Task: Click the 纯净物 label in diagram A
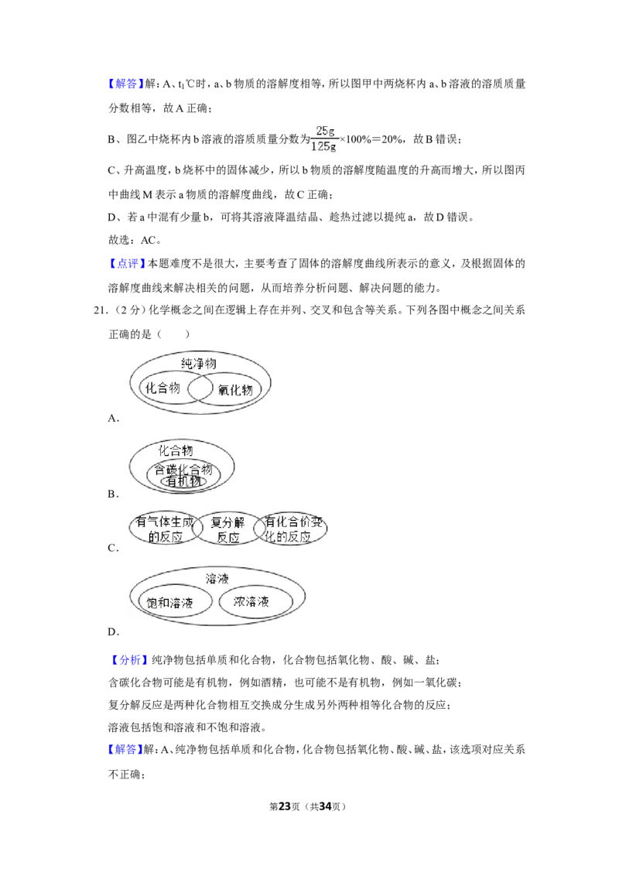pyautogui.click(x=198, y=364)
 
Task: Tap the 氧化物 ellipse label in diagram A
pyautogui.click(x=235, y=390)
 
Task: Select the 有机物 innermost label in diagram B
pyautogui.click(x=184, y=481)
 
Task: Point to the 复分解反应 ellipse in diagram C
pyautogui.click(x=227, y=529)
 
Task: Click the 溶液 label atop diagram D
pyautogui.click(x=217, y=579)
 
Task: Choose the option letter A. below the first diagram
pyautogui.click(x=114, y=418)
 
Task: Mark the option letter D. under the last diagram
pyautogui.click(x=114, y=632)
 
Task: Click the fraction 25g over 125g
pyautogui.click(x=324, y=139)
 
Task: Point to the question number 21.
pyautogui.click(x=100, y=310)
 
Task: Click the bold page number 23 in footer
pyautogui.click(x=285, y=806)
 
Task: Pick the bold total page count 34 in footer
pyautogui.click(x=325, y=806)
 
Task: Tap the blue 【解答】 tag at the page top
pyautogui.click(x=125, y=84)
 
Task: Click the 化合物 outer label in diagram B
pyautogui.click(x=176, y=450)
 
